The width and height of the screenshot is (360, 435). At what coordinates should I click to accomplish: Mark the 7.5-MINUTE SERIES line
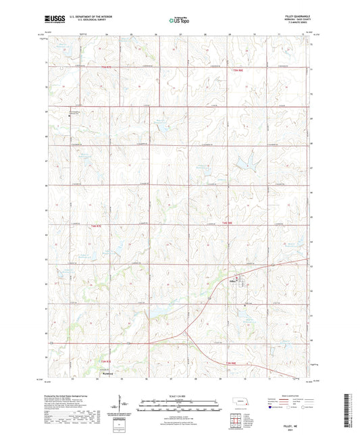coord(299,23)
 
